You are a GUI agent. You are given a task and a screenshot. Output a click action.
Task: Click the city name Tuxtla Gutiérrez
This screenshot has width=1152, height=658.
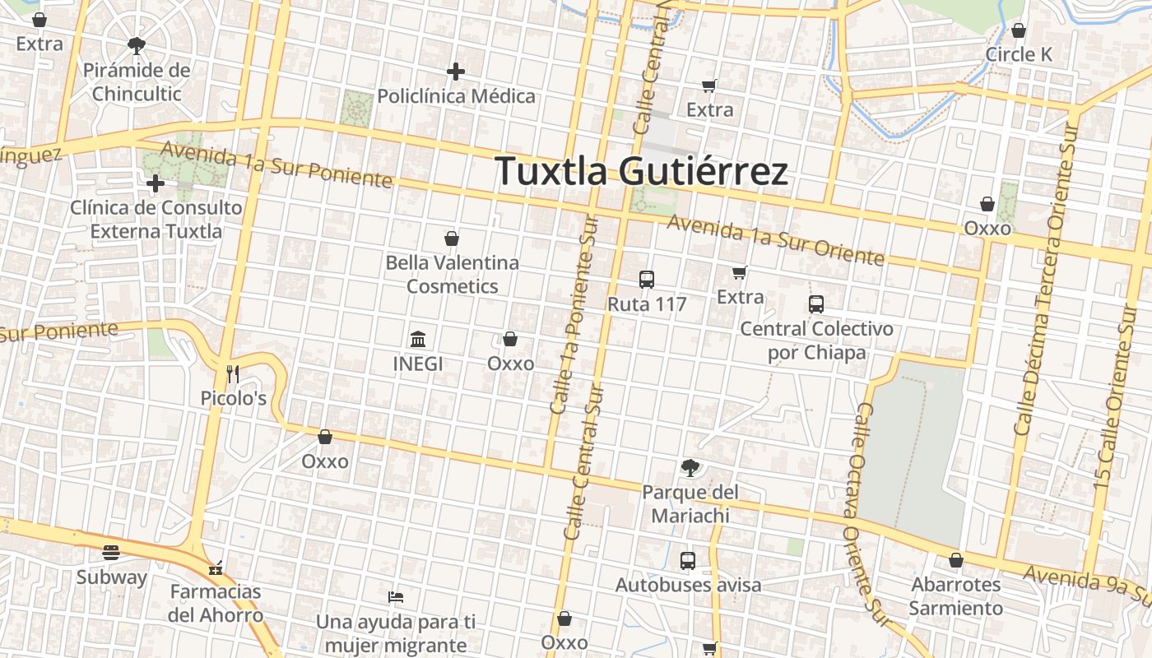(x=642, y=171)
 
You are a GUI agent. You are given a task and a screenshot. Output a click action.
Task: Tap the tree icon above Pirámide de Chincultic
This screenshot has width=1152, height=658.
(x=137, y=46)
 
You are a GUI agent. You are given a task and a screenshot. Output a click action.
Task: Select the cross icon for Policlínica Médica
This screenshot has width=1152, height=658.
(x=456, y=72)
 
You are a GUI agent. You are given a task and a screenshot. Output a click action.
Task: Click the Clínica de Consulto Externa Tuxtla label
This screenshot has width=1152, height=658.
(x=156, y=219)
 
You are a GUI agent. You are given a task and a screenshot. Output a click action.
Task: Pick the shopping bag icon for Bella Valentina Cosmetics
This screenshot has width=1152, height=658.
(x=452, y=239)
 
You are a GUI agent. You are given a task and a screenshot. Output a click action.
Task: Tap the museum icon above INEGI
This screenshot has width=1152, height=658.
(x=418, y=339)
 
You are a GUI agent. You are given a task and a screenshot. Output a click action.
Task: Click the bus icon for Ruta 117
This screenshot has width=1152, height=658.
(x=647, y=280)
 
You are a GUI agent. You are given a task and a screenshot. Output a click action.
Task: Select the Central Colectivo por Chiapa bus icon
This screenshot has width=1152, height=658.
(x=816, y=304)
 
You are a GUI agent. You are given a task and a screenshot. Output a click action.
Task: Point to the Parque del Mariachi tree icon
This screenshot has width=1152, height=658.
(x=690, y=468)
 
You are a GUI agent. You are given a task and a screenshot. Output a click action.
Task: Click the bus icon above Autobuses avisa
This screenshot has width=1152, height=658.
(x=688, y=561)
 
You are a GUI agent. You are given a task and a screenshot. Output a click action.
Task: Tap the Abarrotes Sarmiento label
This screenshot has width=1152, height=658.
(x=956, y=596)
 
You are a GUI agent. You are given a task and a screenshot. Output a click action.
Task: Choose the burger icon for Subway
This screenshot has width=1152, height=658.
(x=111, y=553)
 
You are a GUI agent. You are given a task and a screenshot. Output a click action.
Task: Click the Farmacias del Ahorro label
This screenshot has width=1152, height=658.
(x=216, y=603)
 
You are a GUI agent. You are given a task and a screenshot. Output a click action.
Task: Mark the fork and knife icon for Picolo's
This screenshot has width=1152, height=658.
(x=233, y=374)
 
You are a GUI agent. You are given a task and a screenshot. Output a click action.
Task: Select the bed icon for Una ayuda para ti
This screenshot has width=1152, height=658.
(x=396, y=596)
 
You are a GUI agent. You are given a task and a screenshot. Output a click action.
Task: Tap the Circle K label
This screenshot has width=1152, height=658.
(x=1019, y=54)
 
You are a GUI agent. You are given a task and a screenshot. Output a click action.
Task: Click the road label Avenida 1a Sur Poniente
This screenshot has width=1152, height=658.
(x=276, y=164)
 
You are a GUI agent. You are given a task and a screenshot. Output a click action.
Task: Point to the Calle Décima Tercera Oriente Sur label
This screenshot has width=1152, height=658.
(x=1046, y=279)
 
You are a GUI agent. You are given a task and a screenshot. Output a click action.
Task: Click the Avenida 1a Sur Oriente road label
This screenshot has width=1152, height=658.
(x=775, y=240)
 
